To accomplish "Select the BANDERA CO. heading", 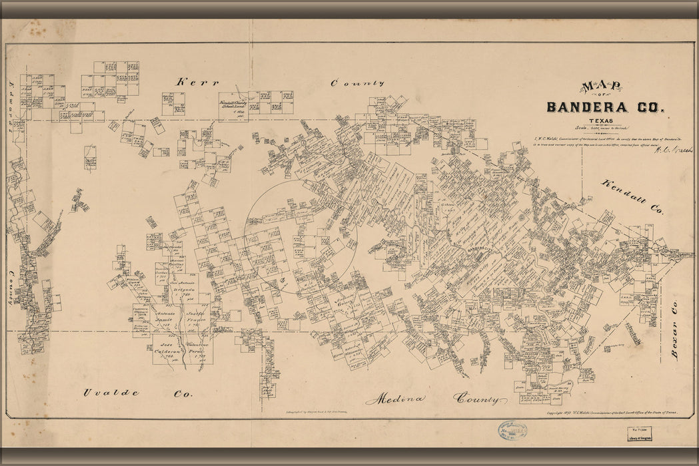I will pyautogui.click(x=605, y=107).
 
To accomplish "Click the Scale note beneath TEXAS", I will pyautogui.click(x=604, y=128).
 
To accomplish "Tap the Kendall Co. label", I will pyautogui.click(x=633, y=196).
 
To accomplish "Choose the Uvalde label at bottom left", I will pyautogui.click(x=111, y=393).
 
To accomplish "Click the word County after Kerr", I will pyautogui.click(x=358, y=83).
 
